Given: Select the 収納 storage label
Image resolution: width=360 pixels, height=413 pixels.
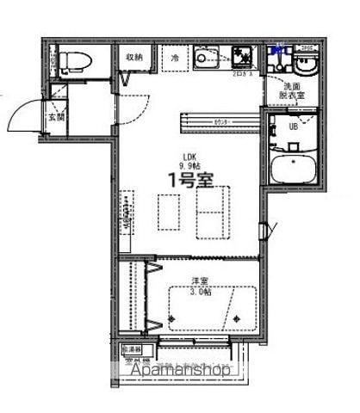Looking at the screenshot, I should pos(133,58).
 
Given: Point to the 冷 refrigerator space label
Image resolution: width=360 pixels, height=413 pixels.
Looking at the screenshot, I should pos(174,58).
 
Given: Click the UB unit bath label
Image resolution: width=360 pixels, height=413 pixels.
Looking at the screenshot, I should pos(292,126).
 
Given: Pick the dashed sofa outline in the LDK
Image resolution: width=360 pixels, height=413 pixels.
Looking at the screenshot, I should pos(210,210).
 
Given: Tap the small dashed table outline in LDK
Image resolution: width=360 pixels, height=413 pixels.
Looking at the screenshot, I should pos(168,211).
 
